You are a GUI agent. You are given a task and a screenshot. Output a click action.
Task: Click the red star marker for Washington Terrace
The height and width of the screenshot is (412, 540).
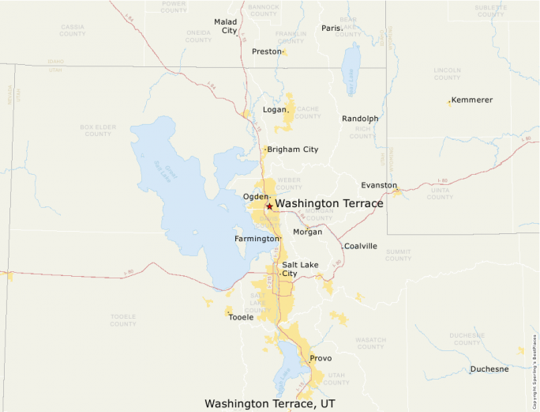[269, 206]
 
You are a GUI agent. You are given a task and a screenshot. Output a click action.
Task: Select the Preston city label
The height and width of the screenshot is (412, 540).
[266, 51]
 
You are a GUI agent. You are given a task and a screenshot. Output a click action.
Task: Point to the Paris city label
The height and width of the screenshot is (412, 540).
[331, 28]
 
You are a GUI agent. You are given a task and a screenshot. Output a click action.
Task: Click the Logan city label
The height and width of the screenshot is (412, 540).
[274, 110]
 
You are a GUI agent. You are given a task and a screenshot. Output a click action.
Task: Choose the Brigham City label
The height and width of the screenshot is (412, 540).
[292, 149]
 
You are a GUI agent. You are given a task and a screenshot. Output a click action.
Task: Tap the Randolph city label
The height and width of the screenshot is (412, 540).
[360, 119]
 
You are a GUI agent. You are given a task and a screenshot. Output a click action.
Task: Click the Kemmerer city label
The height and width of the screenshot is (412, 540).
[472, 100]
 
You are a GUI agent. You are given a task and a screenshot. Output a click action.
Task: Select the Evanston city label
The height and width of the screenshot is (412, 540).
[379, 185]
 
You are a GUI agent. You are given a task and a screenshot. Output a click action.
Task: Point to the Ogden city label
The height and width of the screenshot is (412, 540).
[256, 196]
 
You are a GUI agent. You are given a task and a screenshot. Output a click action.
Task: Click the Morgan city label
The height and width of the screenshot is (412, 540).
[307, 232]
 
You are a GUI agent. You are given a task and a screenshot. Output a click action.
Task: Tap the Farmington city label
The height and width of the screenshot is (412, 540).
[257, 238]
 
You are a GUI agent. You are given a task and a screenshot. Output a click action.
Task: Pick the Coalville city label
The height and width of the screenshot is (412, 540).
[360, 246]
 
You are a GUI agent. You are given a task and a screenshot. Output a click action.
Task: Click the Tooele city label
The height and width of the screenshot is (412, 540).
[241, 316]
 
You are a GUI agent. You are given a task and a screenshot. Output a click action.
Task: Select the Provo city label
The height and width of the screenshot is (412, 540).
[321, 358]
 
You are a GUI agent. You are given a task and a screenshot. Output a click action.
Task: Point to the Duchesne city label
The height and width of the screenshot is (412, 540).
[489, 369]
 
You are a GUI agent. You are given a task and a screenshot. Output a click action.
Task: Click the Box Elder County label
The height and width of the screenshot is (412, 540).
[98, 130]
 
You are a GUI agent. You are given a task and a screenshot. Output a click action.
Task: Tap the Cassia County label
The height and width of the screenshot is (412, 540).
[73, 30]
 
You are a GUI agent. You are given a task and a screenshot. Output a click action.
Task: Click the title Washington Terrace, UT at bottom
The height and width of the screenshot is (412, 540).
[270, 403]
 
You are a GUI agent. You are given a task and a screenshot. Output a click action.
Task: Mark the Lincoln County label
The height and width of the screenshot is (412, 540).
[447, 74]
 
